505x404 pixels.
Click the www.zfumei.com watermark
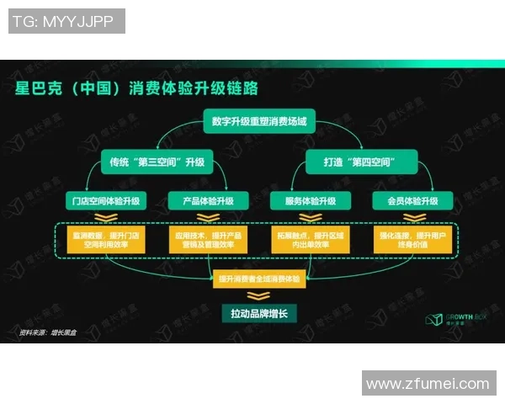[428, 384]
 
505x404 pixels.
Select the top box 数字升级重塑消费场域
[253, 123]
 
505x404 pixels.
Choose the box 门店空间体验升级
[107, 201]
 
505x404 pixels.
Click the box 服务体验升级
[304, 201]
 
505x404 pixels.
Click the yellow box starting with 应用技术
[204, 239]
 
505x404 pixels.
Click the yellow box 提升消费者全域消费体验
[253, 278]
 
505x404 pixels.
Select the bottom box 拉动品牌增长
[253, 312]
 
